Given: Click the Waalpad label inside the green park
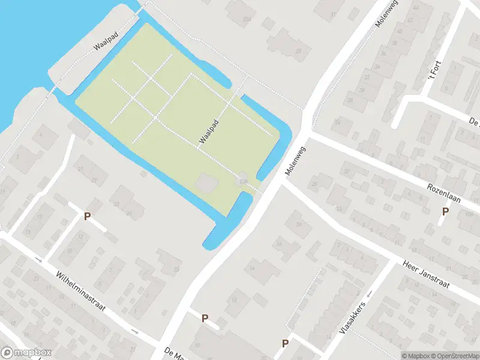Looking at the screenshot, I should pos(208,131).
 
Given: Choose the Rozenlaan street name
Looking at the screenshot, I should pos(444,193).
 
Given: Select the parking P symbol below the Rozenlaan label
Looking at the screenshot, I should pos(445,211).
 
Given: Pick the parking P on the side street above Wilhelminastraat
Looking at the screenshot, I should pos(88,216).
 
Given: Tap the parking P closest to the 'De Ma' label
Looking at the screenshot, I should pos(205,319).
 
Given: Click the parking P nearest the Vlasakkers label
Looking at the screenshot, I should pos(286,344).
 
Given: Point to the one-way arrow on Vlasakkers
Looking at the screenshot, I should pos(369,293).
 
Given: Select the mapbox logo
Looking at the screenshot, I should pos(26,353).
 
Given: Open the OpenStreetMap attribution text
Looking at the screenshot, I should pos(452,356).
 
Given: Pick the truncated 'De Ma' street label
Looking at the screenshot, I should pos(175,352).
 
